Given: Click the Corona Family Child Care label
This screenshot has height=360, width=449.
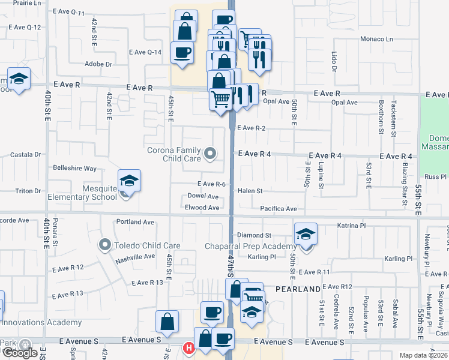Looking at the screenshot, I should (174, 154).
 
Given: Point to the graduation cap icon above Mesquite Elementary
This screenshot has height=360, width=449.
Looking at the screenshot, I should (128, 181).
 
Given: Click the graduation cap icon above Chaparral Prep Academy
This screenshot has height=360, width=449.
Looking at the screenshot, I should (306, 233).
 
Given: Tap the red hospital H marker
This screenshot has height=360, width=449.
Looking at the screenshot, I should (188, 347).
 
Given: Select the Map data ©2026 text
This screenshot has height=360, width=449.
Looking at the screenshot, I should (423, 355).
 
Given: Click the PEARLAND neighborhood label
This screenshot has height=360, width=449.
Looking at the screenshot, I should (298, 289).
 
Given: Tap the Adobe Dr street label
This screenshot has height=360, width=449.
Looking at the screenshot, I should (98, 64).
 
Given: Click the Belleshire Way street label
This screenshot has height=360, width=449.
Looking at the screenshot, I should (74, 169).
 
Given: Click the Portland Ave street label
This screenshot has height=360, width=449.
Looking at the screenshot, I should (136, 222).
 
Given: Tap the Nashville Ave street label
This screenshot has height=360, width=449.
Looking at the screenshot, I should (136, 257).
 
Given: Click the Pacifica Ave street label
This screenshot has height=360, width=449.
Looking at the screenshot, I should (278, 209).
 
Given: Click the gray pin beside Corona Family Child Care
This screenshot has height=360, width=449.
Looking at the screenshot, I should (210, 154).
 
